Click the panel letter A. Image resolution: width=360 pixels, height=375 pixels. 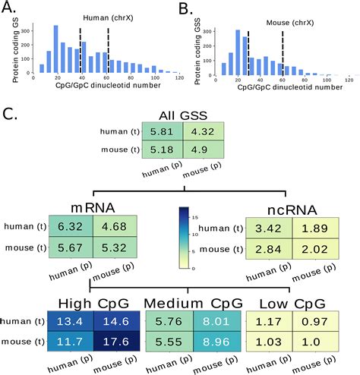click(9, 10)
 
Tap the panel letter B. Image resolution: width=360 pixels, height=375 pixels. click(185, 10)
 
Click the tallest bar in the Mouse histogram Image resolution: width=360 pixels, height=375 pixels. click(238, 53)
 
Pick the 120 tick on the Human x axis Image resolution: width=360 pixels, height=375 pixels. click(180, 79)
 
